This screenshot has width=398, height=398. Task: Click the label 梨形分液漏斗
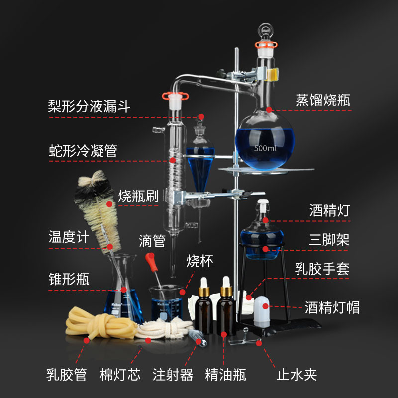tap(89, 106)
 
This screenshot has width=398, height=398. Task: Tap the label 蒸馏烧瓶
tap(323, 99)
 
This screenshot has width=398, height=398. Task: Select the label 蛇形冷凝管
tap(83, 150)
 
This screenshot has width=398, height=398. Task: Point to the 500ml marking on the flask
tap(265, 148)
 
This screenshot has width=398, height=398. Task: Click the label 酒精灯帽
tap(332, 307)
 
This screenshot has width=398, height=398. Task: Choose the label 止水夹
tap(297, 374)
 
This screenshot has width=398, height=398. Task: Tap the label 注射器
tap(173, 374)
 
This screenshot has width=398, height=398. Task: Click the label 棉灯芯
tap(120, 374)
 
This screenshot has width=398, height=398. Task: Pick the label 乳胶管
tap(67, 374)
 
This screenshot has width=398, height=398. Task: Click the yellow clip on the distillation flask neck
tap(272, 74)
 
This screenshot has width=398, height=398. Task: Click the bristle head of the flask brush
tap(99, 204)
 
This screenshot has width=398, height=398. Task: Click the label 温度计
tap(69, 236)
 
